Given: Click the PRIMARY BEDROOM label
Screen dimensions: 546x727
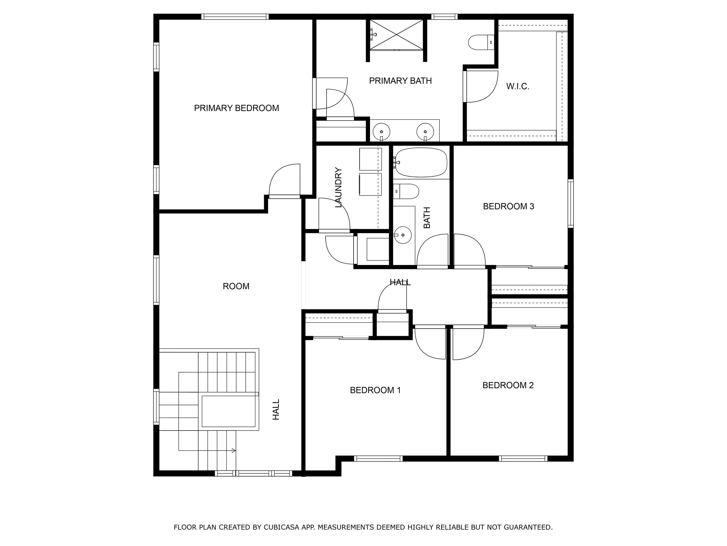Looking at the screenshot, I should click(x=236, y=108).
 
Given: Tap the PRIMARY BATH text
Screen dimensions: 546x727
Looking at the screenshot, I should click(x=400, y=81).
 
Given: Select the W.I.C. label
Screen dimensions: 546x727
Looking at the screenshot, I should click(x=518, y=86).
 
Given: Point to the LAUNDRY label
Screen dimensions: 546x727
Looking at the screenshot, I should click(x=339, y=188).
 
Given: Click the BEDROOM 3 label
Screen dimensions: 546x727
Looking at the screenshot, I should click(x=508, y=206).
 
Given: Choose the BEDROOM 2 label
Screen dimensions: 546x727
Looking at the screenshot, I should click(x=508, y=385).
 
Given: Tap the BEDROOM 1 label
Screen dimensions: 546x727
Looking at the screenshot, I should click(x=375, y=390).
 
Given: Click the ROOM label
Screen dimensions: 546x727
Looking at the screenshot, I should click(x=236, y=286).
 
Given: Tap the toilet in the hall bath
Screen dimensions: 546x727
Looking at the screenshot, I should click(x=407, y=192).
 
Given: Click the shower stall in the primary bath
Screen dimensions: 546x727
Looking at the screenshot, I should click(x=396, y=35).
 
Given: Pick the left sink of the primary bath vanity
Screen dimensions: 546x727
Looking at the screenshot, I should click(x=381, y=132).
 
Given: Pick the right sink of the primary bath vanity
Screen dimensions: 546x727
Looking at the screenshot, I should click(x=425, y=132).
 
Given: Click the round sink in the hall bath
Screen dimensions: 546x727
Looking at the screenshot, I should click(x=403, y=235).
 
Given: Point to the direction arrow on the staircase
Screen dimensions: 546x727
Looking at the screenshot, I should click(x=234, y=450).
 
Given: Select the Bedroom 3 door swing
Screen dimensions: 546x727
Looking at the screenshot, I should click(x=469, y=250).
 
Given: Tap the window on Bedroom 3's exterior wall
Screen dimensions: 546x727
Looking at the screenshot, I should click(x=571, y=203).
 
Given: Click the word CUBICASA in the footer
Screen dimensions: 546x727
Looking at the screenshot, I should click(x=281, y=527).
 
